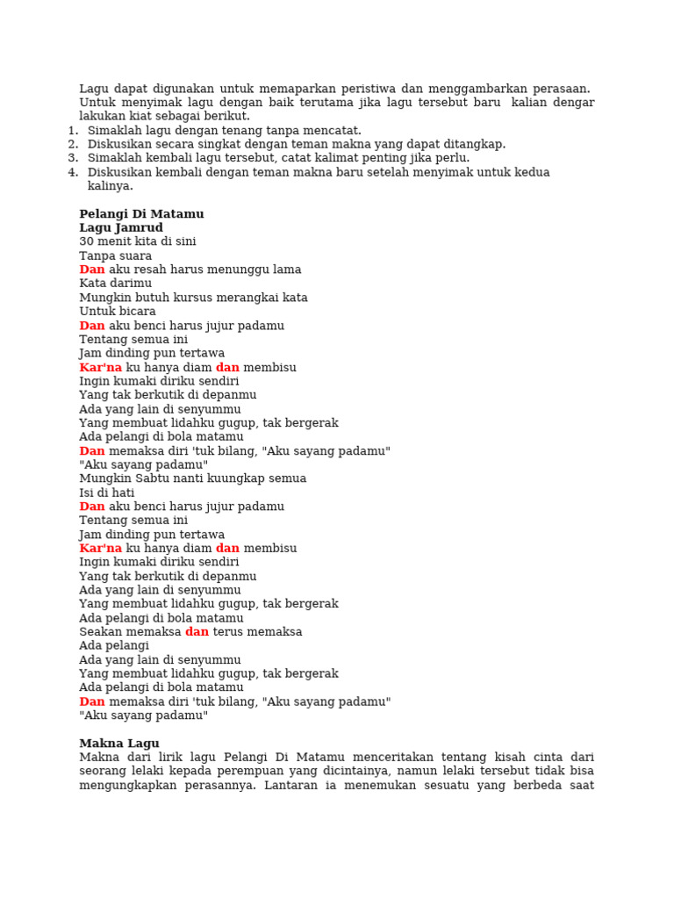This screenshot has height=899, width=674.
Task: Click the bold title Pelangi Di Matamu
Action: [x=141, y=214]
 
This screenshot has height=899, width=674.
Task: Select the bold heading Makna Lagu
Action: [x=119, y=744]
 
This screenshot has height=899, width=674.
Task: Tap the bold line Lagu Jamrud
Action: [x=121, y=228]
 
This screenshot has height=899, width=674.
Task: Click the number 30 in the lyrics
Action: [x=86, y=241]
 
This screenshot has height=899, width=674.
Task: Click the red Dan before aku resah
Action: [x=92, y=270]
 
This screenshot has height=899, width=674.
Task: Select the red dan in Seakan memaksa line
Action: [x=197, y=632]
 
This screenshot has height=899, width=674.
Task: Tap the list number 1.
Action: [x=72, y=131]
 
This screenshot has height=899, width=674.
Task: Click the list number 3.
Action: [x=72, y=158]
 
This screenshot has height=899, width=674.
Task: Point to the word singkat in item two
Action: [x=213, y=144]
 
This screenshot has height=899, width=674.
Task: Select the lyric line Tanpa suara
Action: [x=115, y=256]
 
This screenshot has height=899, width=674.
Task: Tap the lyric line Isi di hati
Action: [x=107, y=493]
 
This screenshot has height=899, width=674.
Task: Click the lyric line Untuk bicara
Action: [x=118, y=312]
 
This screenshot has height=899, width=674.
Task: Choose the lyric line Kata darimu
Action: [x=115, y=284]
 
